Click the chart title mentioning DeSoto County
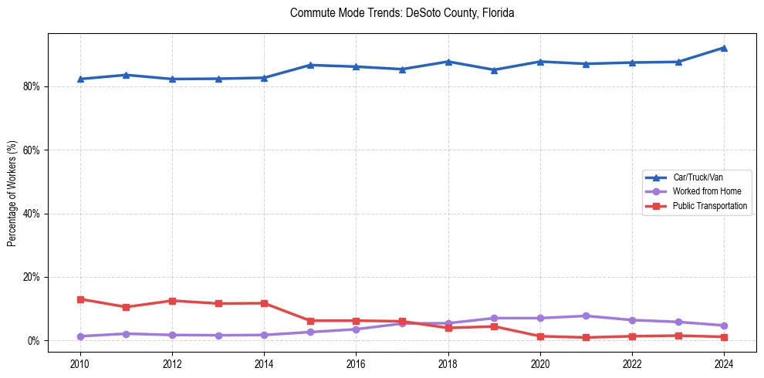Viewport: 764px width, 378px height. coord(401,13)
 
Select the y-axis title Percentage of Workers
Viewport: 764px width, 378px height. coord(12,194)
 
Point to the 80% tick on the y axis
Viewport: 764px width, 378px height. coord(32,86)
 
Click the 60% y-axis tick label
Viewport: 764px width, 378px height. coord(32,150)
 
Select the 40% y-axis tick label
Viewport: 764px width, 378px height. coord(32,214)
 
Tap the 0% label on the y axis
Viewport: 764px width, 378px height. coord(35,341)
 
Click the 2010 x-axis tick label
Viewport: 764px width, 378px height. coord(80,363)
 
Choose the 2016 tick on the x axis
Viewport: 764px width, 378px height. coord(356,363)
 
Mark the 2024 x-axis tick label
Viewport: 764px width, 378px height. coord(724,363)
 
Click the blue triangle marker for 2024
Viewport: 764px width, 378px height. coord(724,48)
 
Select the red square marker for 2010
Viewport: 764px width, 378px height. coord(80,299)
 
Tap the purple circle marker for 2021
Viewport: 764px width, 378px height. coord(586,316)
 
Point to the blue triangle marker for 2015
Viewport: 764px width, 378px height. coord(310,65)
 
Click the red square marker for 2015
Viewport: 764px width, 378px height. coord(310,321)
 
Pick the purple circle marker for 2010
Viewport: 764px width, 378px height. coord(80,336)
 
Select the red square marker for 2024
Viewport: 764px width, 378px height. coord(724,337)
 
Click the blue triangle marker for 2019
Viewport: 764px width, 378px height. coord(494,70)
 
